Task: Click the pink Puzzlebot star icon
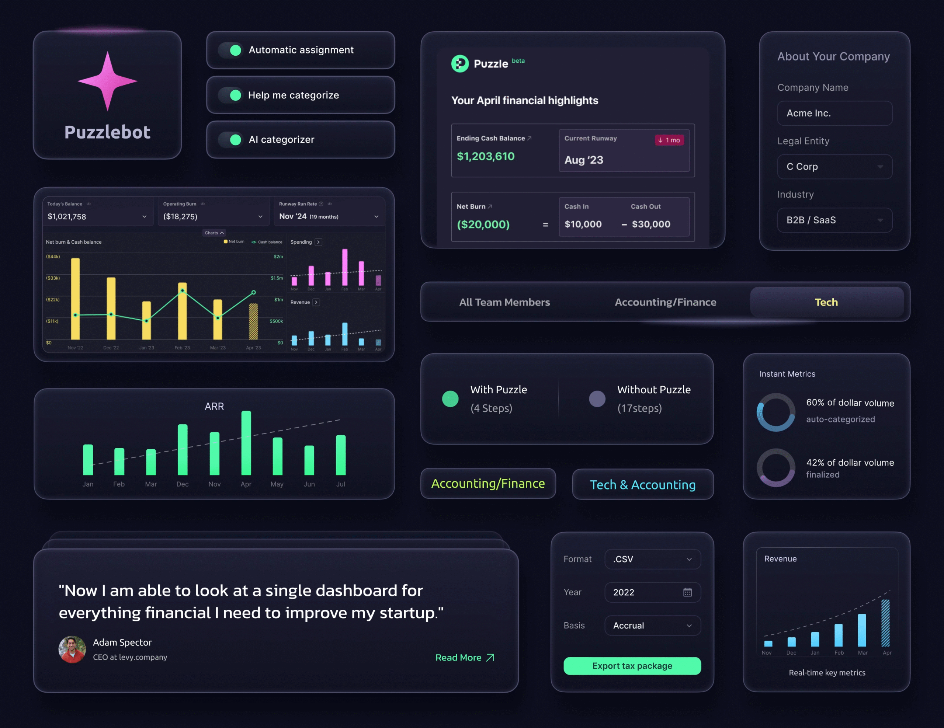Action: click(x=107, y=81)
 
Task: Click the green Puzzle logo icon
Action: click(x=460, y=64)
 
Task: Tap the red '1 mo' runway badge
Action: click(x=669, y=140)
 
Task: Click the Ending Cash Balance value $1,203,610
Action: click(x=485, y=156)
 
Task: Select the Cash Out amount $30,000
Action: click(x=650, y=224)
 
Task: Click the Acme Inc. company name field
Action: click(x=834, y=113)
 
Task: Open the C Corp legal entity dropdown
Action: click(x=834, y=167)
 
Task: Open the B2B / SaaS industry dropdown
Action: click(x=834, y=220)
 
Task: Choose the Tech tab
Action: click(x=826, y=302)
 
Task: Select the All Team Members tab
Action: click(x=504, y=302)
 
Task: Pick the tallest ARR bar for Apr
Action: click(x=246, y=443)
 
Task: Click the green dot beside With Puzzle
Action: click(x=450, y=399)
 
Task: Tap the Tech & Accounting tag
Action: click(x=642, y=485)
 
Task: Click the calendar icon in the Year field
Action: click(x=687, y=592)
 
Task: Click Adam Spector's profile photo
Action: click(x=72, y=649)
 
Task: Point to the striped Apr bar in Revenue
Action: click(x=885, y=623)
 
